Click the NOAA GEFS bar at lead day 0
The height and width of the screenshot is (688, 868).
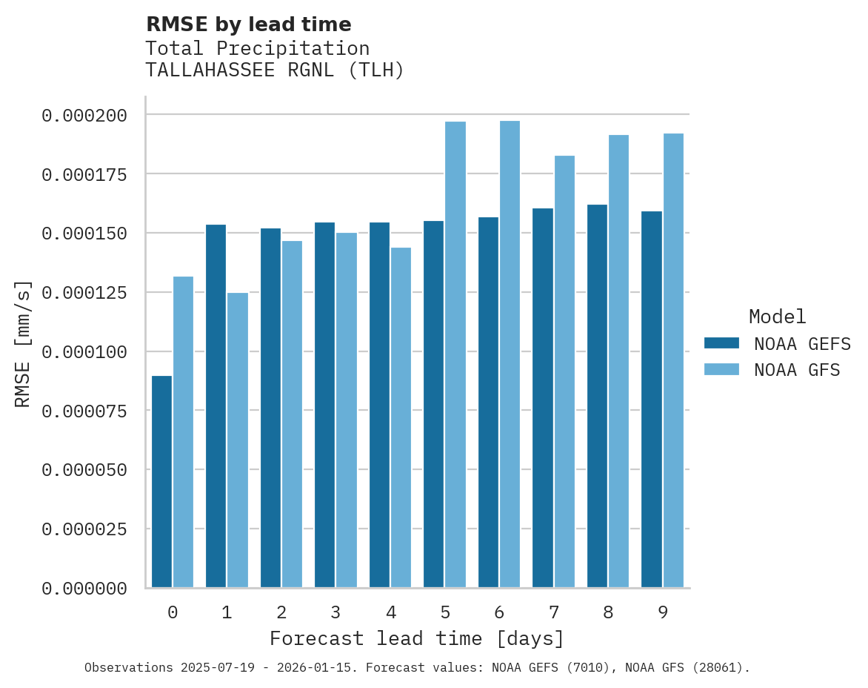point(161,482)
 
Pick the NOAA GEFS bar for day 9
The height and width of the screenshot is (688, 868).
point(652,400)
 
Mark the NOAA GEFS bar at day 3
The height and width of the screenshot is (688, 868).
point(324,405)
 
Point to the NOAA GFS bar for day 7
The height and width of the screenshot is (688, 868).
point(564,371)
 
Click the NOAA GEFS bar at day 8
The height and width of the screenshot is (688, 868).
point(597,396)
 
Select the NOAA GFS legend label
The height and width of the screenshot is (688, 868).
point(797,370)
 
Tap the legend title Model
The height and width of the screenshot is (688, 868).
point(777,317)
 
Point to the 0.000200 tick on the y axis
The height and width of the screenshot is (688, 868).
point(84,115)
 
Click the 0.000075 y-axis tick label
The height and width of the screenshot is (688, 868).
point(84,411)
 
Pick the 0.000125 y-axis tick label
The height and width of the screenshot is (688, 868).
point(84,292)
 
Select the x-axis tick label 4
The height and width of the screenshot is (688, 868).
point(390,612)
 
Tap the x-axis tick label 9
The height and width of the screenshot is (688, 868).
point(663,612)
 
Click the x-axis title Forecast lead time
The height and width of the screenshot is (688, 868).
point(416,638)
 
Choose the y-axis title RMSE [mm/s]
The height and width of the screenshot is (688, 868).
point(23,343)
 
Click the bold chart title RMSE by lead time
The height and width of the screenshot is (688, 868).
point(248,24)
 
